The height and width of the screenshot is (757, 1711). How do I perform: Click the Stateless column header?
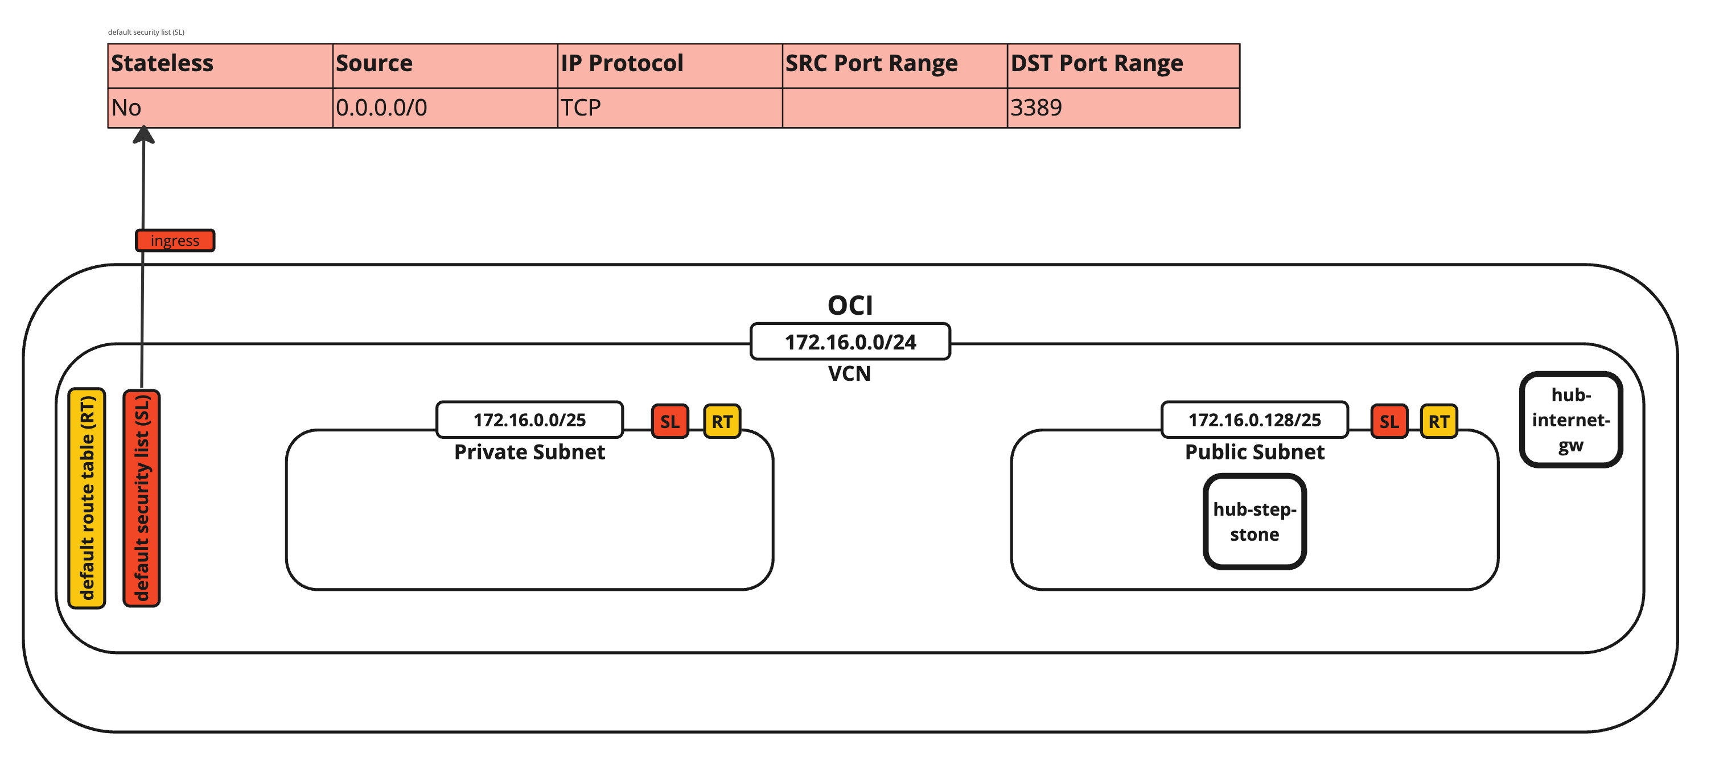tap(219, 65)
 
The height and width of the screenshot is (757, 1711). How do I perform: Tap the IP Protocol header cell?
tap(669, 65)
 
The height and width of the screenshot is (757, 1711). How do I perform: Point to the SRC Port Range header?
tap(894, 65)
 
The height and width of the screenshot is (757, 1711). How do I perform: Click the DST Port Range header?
tap(1122, 65)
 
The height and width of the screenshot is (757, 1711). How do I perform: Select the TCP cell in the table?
tap(669, 108)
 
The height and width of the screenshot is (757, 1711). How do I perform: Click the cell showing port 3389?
tap(1122, 108)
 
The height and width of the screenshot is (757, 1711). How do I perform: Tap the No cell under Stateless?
tap(219, 108)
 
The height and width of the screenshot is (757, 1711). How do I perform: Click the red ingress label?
tap(175, 240)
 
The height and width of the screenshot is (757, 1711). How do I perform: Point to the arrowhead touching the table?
tap(143, 135)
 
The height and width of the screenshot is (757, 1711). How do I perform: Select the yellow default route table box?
tap(87, 498)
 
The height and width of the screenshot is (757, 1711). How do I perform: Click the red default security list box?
tap(142, 498)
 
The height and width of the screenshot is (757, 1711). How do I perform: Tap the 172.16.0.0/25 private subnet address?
tap(529, 419)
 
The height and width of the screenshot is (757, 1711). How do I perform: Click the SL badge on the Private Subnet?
tap(669, 421)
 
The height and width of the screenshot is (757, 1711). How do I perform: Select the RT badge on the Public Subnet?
tap(1439, 421)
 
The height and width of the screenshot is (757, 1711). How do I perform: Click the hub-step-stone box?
tap(1254, 521)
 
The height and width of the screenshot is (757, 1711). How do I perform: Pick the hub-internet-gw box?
tap(1570, 419)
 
